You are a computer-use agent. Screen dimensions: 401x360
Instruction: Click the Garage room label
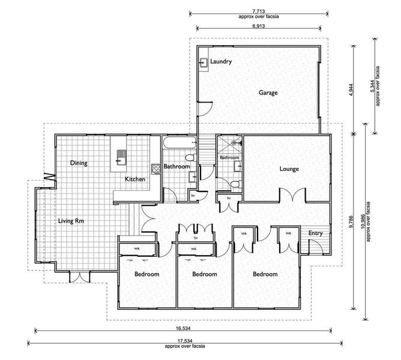268,92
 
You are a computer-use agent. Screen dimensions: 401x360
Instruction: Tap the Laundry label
221,61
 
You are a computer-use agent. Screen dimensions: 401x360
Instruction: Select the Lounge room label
289,169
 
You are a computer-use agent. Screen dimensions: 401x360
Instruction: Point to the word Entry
315,233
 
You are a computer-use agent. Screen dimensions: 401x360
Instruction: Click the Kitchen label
135,179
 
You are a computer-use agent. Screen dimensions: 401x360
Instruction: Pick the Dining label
79,163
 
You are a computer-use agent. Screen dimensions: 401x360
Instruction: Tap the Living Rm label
71,221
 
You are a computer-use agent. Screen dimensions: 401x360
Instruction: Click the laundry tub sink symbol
204,62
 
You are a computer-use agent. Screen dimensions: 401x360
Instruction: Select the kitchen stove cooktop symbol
155,169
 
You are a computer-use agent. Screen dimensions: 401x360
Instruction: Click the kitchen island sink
121,157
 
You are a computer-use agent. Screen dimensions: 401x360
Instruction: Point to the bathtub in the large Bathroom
179,142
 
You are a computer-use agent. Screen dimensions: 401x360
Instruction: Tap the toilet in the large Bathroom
190,157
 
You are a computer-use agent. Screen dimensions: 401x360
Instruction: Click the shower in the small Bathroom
229,145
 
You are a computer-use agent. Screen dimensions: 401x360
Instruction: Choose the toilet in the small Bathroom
236,184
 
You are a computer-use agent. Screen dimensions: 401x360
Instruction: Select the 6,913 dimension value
258,26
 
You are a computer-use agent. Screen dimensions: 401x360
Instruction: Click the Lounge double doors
293,194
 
